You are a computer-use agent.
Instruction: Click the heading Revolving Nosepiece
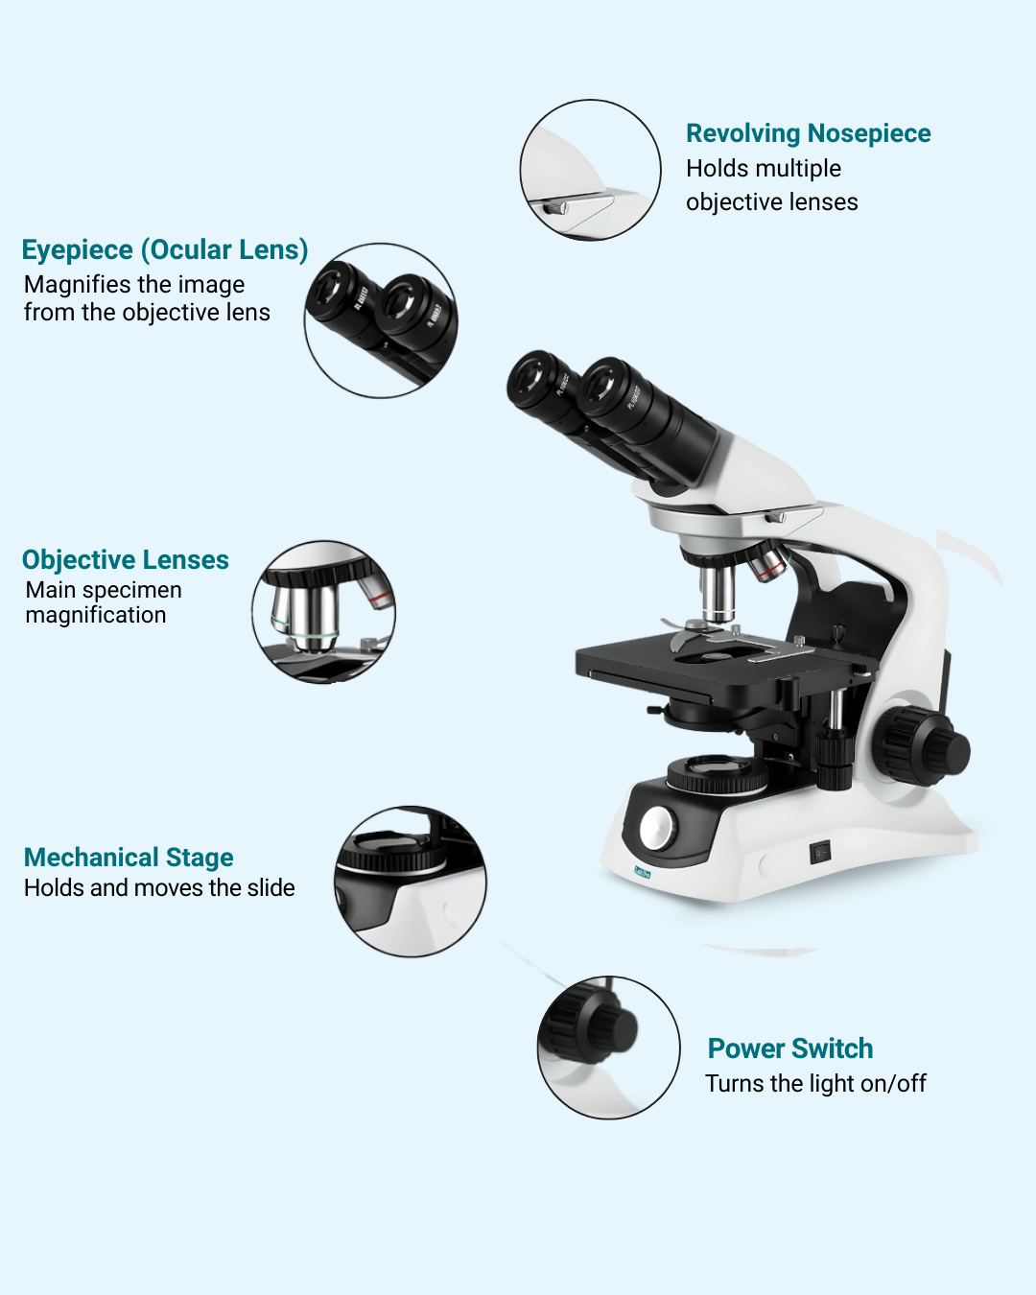point(808,133)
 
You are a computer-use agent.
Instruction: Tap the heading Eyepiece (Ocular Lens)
point(165,249)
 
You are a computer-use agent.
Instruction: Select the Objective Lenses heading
point(126,559)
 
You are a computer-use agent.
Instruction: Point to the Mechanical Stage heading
point(129,858)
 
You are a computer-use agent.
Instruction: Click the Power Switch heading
point(789,1048)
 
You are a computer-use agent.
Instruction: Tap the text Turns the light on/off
point(815,1084)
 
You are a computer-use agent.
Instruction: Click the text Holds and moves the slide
point(159,888)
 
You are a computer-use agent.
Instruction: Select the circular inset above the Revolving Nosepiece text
point(590,170)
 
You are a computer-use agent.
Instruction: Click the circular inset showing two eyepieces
point(381,320)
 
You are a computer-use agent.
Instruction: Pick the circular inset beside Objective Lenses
point(323,612)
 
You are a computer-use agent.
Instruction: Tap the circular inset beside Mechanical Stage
point(410,882)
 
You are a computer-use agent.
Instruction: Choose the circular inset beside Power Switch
point(608,1048)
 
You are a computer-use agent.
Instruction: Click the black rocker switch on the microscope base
point(820,852)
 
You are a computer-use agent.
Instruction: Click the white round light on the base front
point(657,829)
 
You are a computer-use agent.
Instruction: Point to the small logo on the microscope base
point(643,872)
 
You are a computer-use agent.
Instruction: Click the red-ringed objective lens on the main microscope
point(768,562)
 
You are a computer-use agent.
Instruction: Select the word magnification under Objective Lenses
point(96,616)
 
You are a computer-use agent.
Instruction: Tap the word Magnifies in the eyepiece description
point(65,285)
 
